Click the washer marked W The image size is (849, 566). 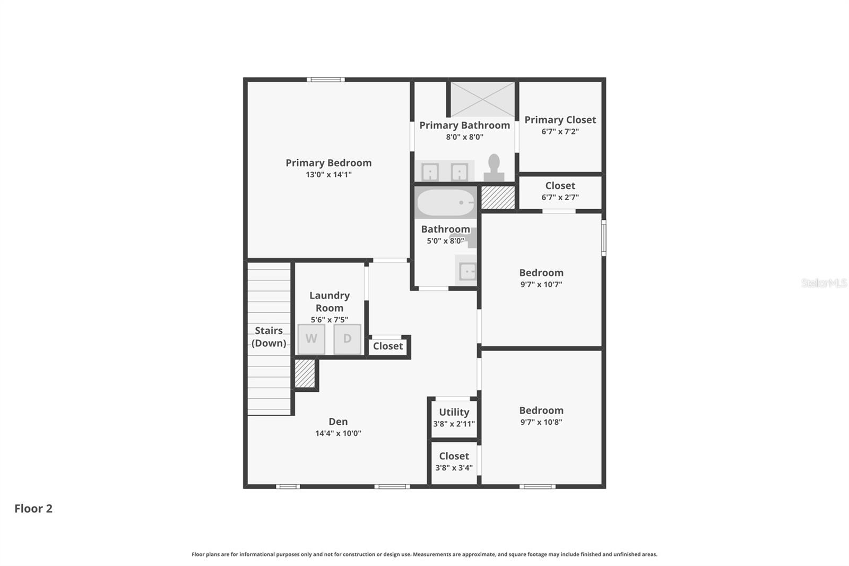tap(311, 339)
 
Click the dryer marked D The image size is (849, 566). tap(347, 339)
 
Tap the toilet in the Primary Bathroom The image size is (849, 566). tap(494, 168)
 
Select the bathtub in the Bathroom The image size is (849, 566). tap(446, 202)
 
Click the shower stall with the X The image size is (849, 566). tap(482, 99)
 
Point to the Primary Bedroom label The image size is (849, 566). tap(328, 163)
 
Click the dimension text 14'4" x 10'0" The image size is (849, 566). tap(338, 433)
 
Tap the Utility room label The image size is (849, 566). tap(454, 412)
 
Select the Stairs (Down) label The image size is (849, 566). tap(268, 337)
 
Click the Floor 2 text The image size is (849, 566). tap(33, 509)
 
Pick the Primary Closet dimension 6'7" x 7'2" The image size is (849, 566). tap(560, 132)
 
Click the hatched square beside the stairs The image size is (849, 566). tap(305, 373)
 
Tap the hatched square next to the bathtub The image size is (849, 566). tap(498, 197)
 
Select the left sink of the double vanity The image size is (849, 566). tap(430, 172)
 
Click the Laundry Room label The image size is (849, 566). tap(330, 302)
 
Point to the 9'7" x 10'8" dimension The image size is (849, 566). tap(541, 422)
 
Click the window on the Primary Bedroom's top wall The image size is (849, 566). tap(326, 80)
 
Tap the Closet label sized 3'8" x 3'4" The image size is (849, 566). tap(454, 456)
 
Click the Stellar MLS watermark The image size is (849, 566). tap(824, 283)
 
